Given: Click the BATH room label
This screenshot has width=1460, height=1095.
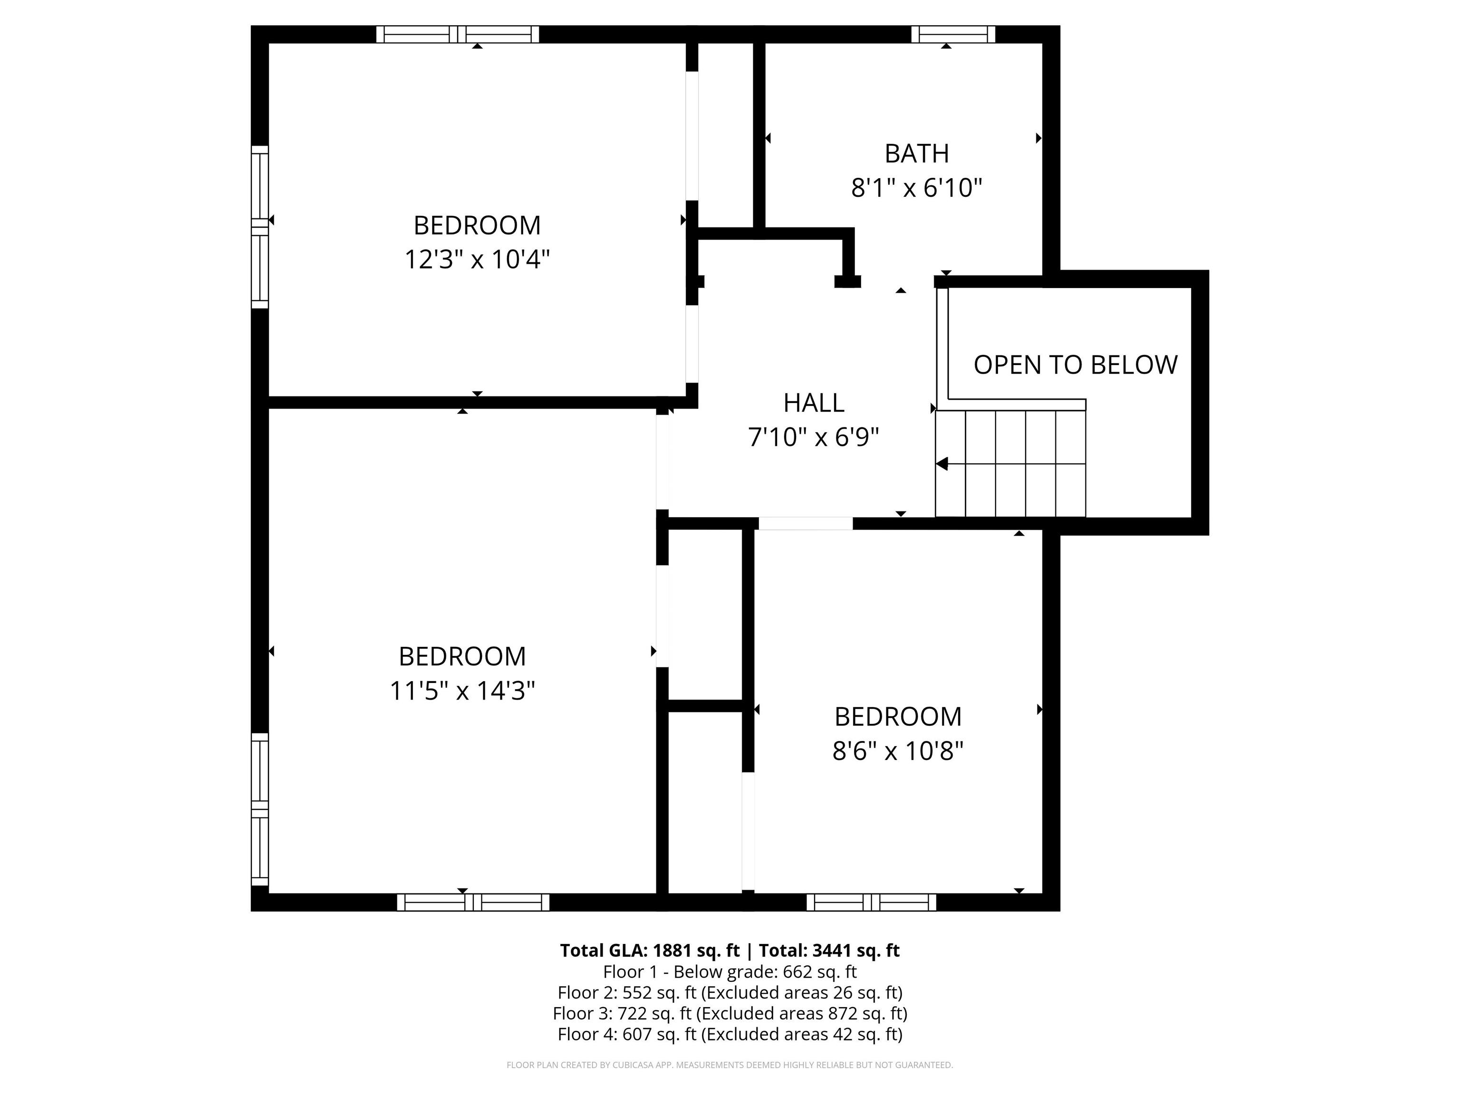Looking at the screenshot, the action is [917, 154].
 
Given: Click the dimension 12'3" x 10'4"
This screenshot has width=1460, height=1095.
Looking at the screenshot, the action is [477, 259].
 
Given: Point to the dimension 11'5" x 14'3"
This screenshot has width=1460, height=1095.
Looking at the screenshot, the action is [462, 691].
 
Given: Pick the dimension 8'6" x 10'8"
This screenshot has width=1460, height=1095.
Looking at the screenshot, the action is [898, 751].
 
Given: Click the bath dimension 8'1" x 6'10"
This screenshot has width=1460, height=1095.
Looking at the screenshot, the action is [917, 188].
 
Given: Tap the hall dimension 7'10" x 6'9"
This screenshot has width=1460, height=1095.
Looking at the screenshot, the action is [814, 437].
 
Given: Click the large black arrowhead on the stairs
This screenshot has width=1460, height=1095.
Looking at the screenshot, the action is [942, 464].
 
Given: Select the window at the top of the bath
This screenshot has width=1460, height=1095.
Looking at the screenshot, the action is [953, 34].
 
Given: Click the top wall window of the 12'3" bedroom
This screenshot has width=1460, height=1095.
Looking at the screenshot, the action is [457, 34].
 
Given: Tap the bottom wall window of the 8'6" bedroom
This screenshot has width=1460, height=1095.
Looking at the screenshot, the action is [871, 902].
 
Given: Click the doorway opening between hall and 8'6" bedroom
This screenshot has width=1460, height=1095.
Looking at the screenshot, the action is [805, 523].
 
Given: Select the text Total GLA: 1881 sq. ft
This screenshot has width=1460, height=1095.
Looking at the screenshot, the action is [650, 951].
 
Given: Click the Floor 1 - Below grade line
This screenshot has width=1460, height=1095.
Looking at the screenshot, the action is [730, 971].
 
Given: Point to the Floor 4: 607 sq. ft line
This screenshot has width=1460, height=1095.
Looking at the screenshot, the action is [730, 1034].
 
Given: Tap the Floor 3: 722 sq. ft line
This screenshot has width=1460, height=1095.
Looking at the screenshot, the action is [730, 1013].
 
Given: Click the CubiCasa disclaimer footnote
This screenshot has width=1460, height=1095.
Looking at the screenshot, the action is [730, 1065].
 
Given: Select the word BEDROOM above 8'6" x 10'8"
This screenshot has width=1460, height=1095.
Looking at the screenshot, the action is [898, 717].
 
